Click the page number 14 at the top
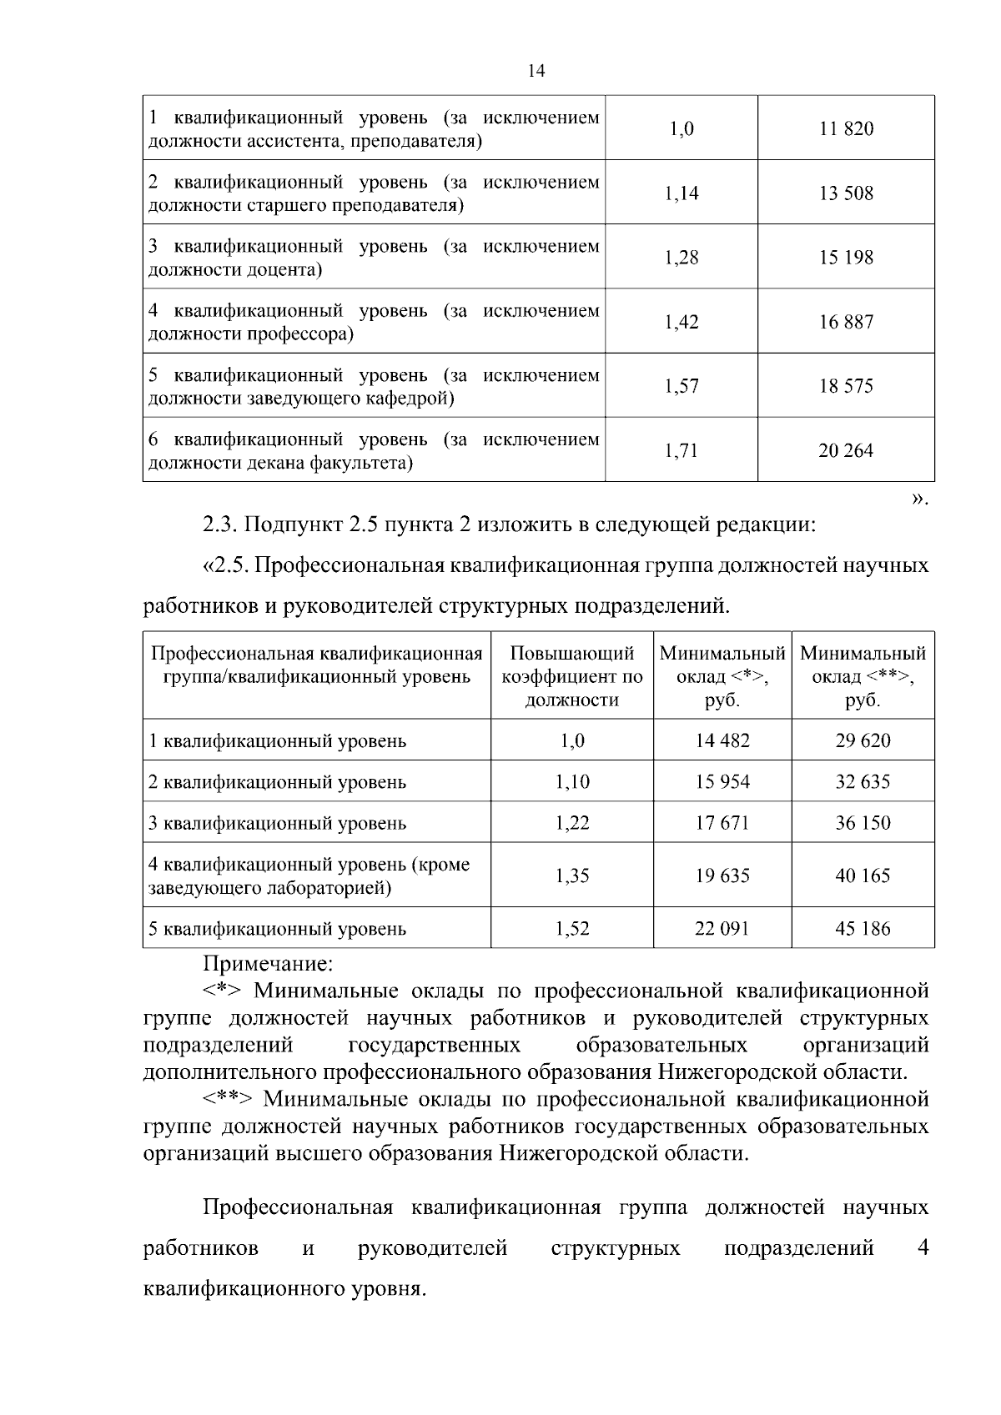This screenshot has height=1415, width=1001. tap(536, 72)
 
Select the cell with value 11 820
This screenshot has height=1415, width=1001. tap(846, 128)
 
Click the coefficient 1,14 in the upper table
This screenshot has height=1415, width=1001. tap(682, 193)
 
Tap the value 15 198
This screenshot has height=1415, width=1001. tap(846, 258)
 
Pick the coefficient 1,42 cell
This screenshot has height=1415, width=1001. tap(682, 322)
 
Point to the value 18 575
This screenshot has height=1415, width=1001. tap(846, 386)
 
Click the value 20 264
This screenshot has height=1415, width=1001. tap(846, 450)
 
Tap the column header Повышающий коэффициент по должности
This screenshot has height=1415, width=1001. tap(572, 676)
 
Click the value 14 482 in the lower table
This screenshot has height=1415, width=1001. tap(722, 740)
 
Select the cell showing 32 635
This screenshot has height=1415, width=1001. tap(863, 782)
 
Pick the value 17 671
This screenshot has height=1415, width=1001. tap(722, 823)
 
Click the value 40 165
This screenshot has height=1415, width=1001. tap(863, 876)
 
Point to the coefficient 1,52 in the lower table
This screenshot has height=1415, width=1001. tap(572, 929)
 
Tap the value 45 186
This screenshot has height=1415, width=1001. tap(863, 929)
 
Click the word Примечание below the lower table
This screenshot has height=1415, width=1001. tap(268, 964)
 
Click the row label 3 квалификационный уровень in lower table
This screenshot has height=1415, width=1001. tap(277, 824)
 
